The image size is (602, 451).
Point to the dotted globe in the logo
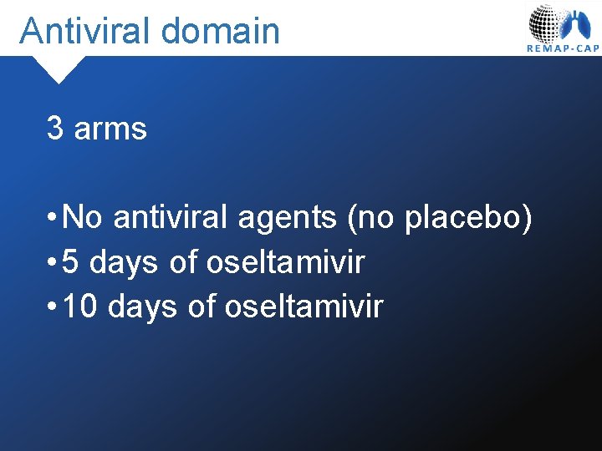(x=546, y=23)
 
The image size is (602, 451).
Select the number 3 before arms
(x=55, y=129)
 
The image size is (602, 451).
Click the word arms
(x=110, y=129)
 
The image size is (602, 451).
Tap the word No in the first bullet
(x=82, y=219)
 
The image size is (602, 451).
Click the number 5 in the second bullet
(x=71, y=263)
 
